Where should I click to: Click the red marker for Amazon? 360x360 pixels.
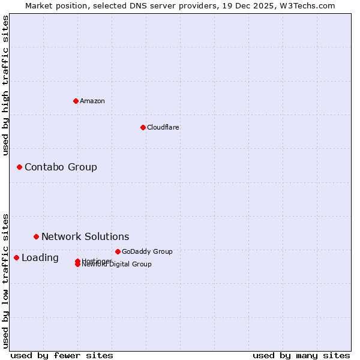[76, 101]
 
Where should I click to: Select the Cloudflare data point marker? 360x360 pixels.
[143, 127]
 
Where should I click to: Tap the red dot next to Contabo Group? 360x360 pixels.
[19, 167]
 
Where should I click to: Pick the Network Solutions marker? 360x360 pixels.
[36, 236]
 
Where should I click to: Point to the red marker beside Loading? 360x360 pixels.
[16, 257]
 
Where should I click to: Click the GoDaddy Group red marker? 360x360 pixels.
[118, 251]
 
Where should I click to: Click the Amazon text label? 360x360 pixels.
[92, 101]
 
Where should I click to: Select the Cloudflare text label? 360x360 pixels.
[163, 127]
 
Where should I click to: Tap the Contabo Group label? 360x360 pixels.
[61, 167]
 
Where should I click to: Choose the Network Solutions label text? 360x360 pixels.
[85, 236]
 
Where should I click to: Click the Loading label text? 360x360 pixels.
[40, 258]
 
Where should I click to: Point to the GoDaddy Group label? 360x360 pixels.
[147, 251]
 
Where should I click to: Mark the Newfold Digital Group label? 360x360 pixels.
[118, 265]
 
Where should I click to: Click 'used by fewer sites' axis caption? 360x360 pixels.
[62, 355]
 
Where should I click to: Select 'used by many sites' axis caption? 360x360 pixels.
[301, 355]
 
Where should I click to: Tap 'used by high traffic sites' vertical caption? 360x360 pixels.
[5, 85]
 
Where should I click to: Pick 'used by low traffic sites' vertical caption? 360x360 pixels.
[5, 280]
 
